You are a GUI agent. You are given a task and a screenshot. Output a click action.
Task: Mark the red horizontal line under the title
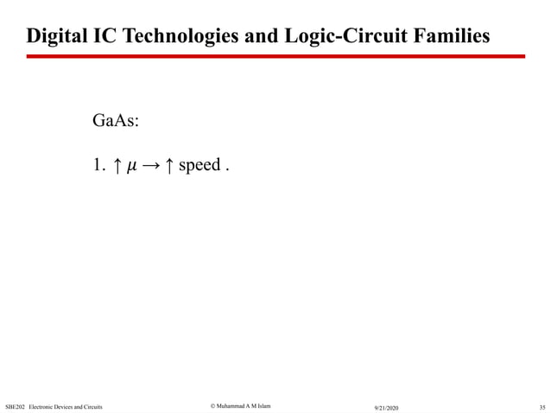[275, 56]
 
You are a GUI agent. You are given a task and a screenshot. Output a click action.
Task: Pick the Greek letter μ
[131, 165]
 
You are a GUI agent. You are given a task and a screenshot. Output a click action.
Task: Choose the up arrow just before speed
[170, 164]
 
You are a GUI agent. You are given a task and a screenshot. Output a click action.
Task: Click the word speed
[199, 165]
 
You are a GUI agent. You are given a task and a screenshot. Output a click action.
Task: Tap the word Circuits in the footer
[92, 405]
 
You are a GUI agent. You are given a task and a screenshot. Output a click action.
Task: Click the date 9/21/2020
[386, 406]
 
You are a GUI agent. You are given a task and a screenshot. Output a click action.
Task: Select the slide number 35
[541, 406]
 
